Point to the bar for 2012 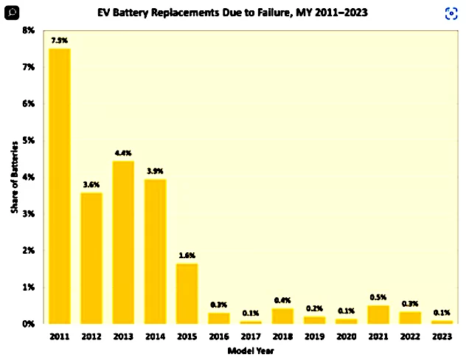pyautogui.click(x=91, y=257)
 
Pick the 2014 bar pyautogui.click(x=155, y=251)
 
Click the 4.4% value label pyautogui.click(x=123, y=153)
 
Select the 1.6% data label pyautogui.click(x=187, y=256)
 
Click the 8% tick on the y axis pyautogui.click(x=28, y=30)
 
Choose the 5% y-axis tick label pyautogui.click(x=28, y=140)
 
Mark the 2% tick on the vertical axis pyautogui.click(x=28, y=251)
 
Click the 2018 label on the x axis pyautogui.click(x=282, y=336)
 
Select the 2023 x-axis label pyautogui.click(x=442, y=336)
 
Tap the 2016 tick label pyautogui.click(x=218, y=336)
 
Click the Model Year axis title pyautogui.click(x=251, y=350)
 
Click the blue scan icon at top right pyautogui.click(x=451, y=13)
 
